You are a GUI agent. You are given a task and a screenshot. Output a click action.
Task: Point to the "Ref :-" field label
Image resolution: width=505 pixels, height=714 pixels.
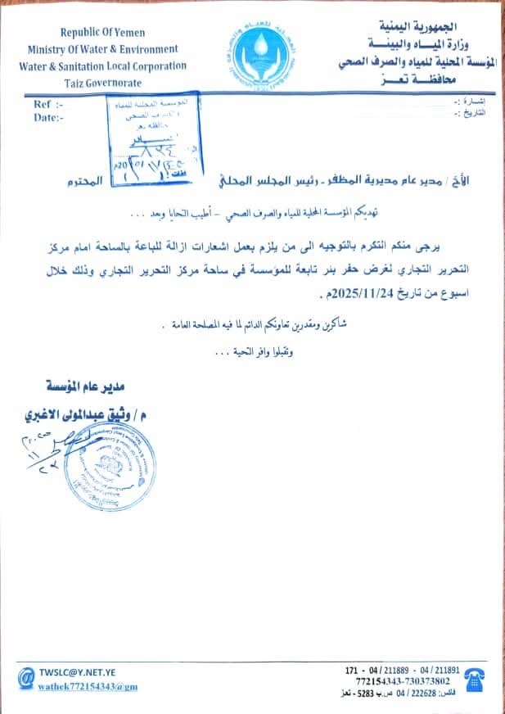point(48,105)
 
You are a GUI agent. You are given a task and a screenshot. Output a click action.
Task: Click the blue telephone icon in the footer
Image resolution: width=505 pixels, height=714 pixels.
point(476,677)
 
